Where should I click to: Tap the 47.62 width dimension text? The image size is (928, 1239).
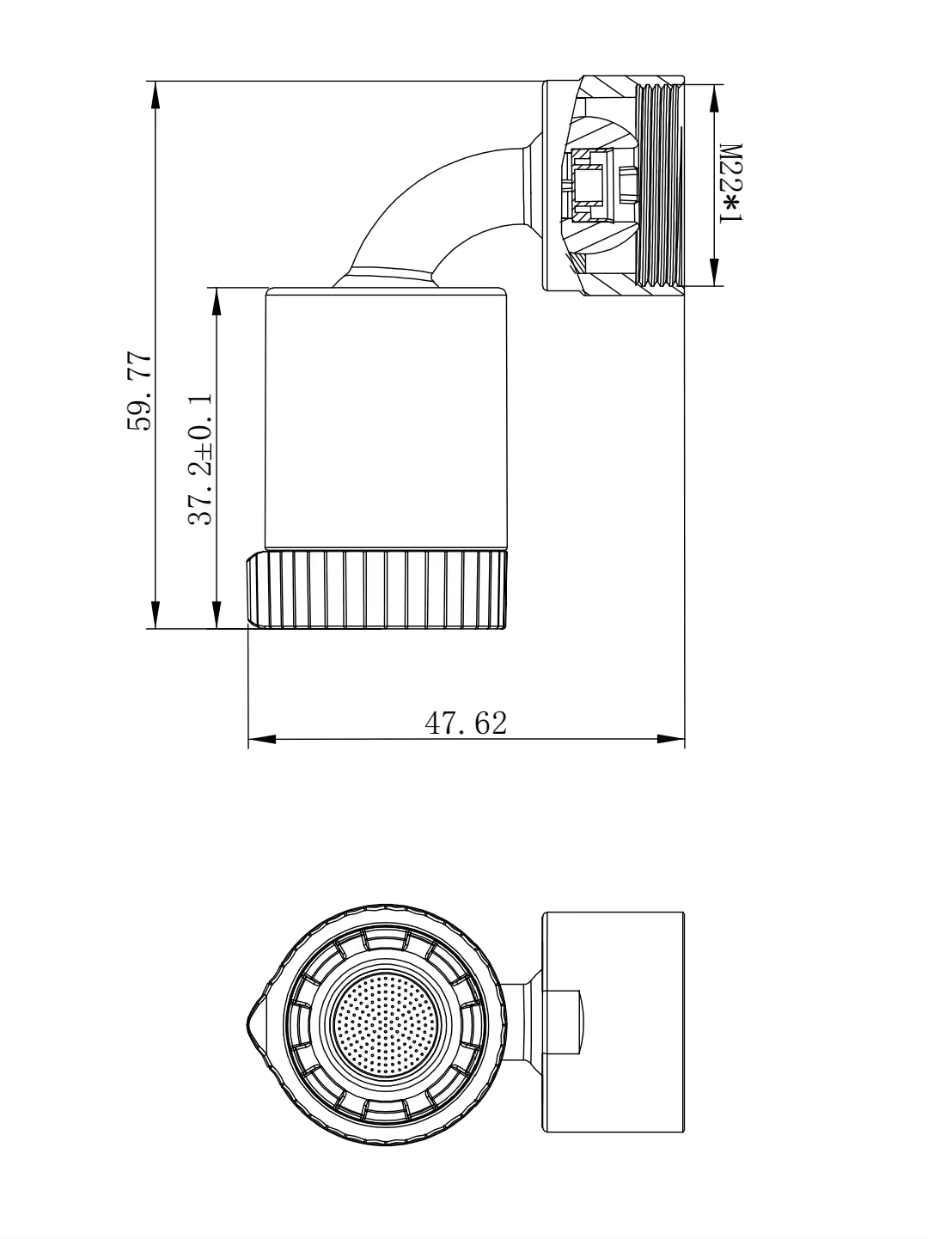(467, 723)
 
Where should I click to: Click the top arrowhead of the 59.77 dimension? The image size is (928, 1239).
(156, 95)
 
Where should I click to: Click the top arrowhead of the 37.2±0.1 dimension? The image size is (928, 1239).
(216, 301)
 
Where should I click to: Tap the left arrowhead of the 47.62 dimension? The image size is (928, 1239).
(262, 739)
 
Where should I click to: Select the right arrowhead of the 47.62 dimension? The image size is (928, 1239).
(670, 739)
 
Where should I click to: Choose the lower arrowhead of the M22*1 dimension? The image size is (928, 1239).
(712, 272)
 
